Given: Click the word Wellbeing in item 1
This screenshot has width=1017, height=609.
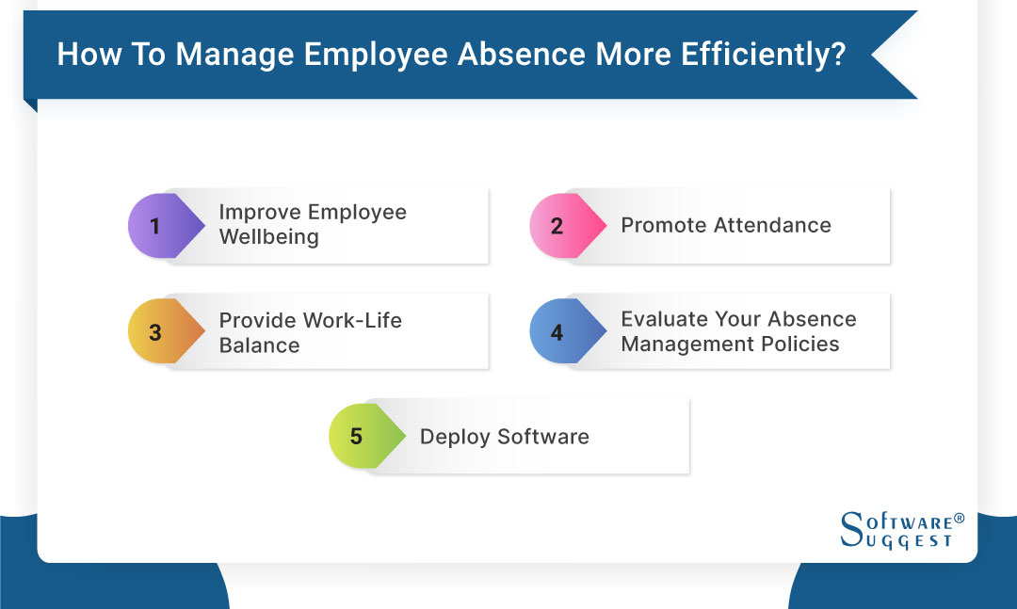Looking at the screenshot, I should coord(268,237).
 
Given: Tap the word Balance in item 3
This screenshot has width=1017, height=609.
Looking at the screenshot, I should coord(259,345).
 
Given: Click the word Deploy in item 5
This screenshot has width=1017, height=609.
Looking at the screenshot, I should coord(455,437).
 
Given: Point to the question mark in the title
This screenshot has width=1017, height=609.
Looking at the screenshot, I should coord(837,55).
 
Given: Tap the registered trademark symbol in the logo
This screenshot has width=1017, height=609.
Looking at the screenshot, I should coord(959,519).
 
